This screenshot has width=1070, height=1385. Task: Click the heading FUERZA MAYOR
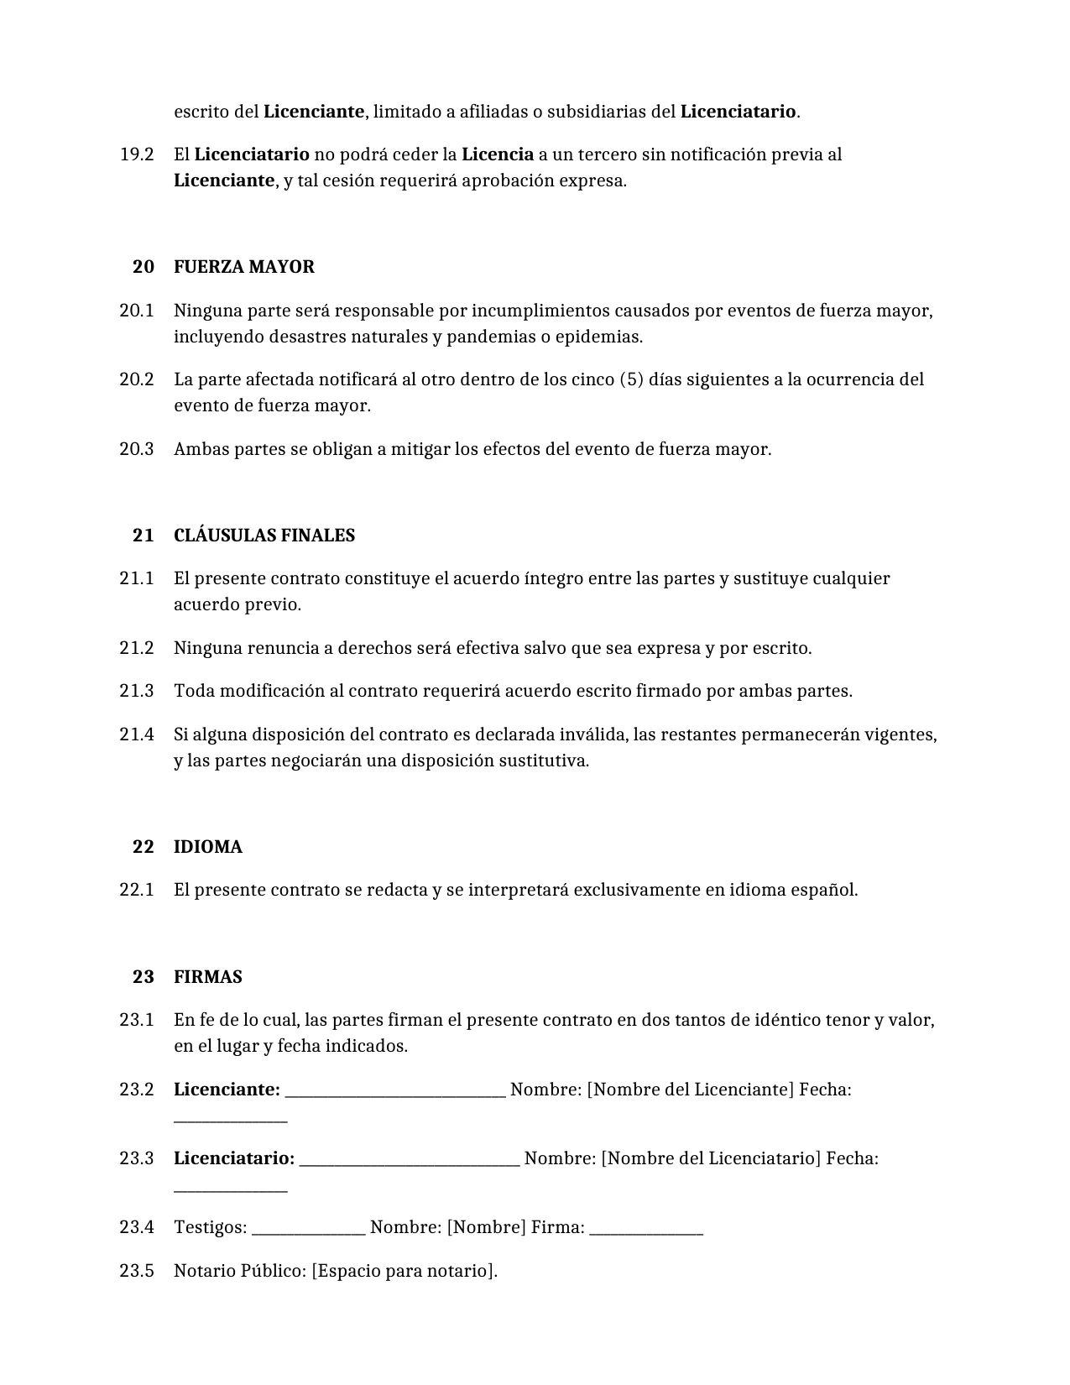pos(243,267)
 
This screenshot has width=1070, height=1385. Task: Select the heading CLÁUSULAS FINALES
pos(264,536)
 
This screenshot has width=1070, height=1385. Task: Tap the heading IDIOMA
pos(207,847)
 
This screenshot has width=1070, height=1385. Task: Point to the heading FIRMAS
pos(207,977)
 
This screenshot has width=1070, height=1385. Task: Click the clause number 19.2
pos(137,154)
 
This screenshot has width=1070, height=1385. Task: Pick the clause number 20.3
pos(137,449)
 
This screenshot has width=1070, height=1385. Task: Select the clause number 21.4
pos(137,734)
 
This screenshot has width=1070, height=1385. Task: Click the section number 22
pos(144,847)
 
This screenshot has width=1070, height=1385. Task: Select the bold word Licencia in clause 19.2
pos(498,154)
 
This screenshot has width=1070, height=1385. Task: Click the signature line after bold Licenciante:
pos(395,1094)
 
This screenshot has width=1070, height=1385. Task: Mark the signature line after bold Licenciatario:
pos(410,1163)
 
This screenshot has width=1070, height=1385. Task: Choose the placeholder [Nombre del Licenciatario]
pos(711,1158)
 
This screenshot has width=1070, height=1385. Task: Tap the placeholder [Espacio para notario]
pos(404,1271)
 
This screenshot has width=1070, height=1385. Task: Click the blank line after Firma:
pos(646,1231)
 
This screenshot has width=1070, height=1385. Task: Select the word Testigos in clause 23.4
pos(209,1227)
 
